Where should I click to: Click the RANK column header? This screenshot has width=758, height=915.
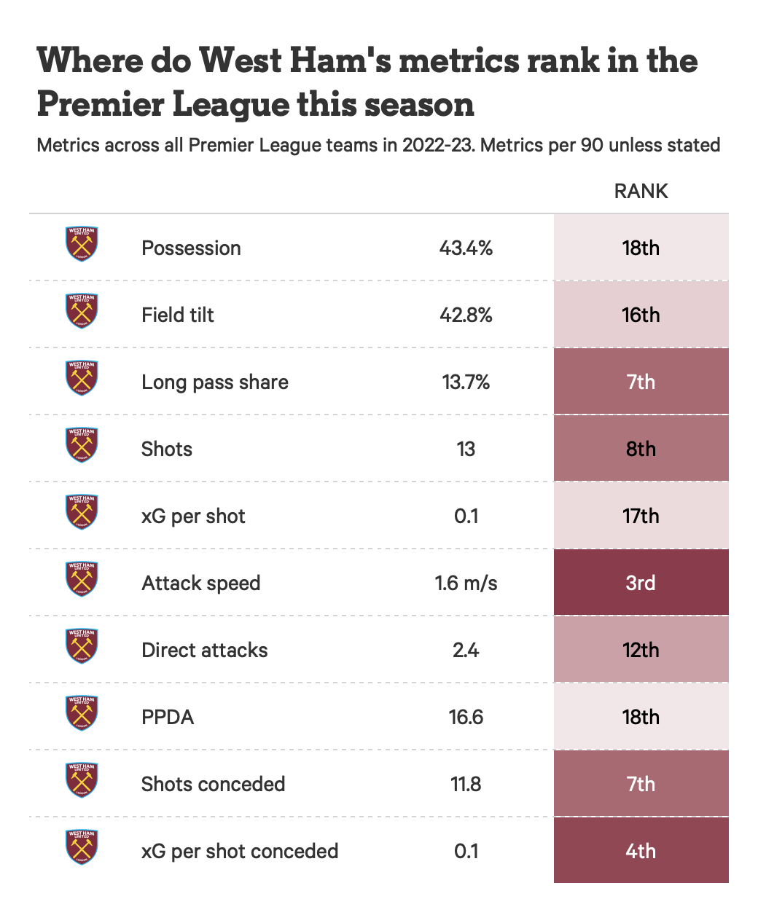tap(641, 192)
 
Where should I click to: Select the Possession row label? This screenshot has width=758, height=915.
tap(191, 248)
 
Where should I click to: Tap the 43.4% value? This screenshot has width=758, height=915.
tap(466, 248)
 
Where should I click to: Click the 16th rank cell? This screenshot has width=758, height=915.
tap(641, 315)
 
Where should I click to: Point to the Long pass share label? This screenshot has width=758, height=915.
tap(215, 382)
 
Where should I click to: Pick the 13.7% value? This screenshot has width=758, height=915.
tap(466, 382)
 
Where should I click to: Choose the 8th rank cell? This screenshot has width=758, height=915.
tap(641, 449)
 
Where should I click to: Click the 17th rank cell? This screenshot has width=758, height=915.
tap(641, 516)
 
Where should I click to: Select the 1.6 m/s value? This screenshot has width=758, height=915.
tap(466, 584)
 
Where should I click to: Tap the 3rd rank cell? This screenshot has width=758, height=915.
tap(641, 583)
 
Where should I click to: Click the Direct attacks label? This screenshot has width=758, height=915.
tap(204, 651)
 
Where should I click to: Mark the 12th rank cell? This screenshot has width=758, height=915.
tap(641, 650)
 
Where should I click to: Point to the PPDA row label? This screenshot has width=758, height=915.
tap(168, 718)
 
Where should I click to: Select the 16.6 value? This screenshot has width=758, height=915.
tap(466, 718)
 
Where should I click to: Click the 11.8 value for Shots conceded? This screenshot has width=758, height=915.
tap(466, 785)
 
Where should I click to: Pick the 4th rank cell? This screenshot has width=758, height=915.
tap(641, 851)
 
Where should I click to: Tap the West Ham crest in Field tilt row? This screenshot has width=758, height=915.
tap(82, 311)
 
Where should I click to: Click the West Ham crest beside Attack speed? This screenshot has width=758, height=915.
tap(82, 579)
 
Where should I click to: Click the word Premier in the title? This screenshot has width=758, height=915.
tap(101, 105)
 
